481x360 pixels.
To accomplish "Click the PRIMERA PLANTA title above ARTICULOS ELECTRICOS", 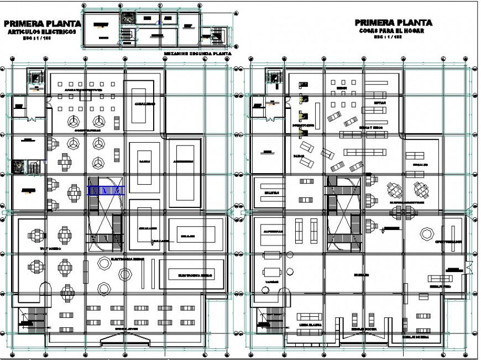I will coord(42,24).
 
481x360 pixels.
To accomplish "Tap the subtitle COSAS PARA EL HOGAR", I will coord(393,32).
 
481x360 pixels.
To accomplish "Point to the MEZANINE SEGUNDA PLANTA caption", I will coord(198,55).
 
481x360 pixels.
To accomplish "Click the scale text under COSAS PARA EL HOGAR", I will coord(393,39).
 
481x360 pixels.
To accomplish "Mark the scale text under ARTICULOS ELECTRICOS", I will coord(42,40).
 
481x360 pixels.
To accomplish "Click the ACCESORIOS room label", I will coord(182,162).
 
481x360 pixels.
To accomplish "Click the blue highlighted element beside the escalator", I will coord(106,190).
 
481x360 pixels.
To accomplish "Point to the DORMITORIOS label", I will coord(303,126).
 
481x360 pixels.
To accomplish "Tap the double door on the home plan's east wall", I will coord(469,268).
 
